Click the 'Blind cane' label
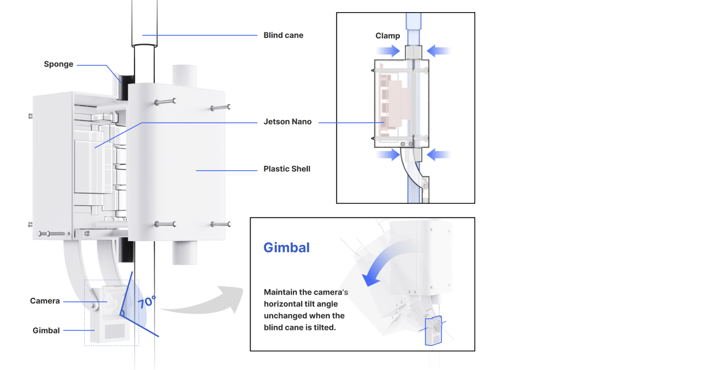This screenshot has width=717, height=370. (283, 35)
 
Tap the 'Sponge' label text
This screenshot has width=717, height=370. (58, 64)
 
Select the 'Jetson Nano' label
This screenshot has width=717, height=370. (287, 122)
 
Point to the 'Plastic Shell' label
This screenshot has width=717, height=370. (287, 169)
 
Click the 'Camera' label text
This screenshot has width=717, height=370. (45, 301)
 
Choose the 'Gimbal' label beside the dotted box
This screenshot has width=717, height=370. (46, 330)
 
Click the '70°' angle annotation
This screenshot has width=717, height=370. (146, 302)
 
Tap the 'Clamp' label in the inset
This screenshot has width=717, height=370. (388, 36)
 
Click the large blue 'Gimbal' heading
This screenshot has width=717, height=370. (286, 248)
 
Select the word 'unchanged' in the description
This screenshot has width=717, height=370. (287, 315)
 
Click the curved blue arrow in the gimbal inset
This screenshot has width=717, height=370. (385, 262)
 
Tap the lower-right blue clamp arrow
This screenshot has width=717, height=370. (439, 155)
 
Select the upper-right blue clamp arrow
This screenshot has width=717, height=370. (439, 51)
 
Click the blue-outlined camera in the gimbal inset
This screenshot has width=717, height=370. (434, 330)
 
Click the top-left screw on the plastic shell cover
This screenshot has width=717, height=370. (165, 101)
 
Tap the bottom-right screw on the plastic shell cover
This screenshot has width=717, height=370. (220, 224)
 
